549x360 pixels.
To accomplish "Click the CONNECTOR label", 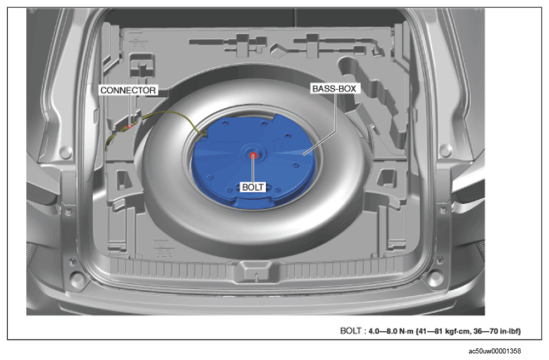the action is click(x=128, y=90).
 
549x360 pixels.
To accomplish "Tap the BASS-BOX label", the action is click(x=334, y=89).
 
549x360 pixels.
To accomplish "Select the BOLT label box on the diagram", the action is click(x=253, y=187).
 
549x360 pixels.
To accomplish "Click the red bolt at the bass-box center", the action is click(x=253, y=155).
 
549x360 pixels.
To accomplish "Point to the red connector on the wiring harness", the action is click(x=131, y=126).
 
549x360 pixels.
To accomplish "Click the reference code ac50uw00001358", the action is click(x=495, y=351).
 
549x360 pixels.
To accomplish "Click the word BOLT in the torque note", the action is click(x=350, y=331).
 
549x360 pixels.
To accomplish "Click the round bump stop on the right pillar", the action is click(x=445, y=151).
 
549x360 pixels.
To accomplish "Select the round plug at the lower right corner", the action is click(x=435, y=278).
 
